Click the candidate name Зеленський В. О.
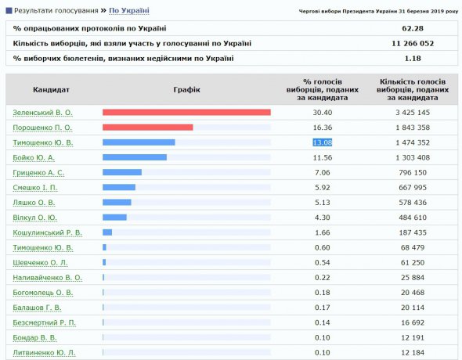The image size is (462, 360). click(42, 113)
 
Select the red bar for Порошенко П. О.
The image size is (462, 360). click(148, 127)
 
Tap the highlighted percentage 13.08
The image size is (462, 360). click(323, 142)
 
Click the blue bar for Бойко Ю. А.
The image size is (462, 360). click(135, 157)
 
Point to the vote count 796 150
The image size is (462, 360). click(413, 172)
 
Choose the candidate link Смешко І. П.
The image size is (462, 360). click(35, 188)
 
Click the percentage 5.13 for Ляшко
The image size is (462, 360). click(323, 203)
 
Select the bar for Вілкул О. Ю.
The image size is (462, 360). click(114, 218)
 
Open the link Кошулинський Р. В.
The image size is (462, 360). click(47, 233)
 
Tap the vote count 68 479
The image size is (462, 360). click(413, 247)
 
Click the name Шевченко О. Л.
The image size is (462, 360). click(40, 263)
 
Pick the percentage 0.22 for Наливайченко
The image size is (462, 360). click(323, 278)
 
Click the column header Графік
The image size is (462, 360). click(186, 90)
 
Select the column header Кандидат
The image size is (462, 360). click(51, 89)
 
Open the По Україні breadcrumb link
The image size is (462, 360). click(129, 11)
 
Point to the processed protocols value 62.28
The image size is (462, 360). click(413, 28)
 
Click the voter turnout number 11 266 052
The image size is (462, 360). click(413, 44)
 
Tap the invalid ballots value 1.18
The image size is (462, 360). click(413, 59)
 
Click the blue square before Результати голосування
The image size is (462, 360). click(9, 11)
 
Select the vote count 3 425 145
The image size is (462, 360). click(413, 113)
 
